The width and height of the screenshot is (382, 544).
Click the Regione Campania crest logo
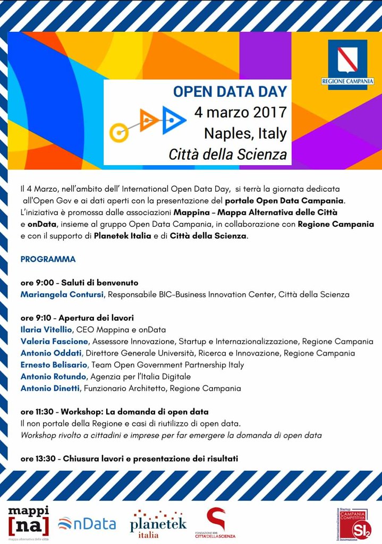point(347,64)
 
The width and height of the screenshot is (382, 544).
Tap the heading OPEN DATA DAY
point(230,91)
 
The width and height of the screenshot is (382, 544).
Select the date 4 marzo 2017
point(240,113)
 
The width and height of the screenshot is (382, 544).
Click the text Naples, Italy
point(245,133)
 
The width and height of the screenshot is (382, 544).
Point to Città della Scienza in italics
point(227,155)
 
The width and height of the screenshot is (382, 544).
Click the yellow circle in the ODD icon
point(119,132)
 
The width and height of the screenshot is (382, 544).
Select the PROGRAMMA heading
point(48,259)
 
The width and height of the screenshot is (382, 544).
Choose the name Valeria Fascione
point(54,341)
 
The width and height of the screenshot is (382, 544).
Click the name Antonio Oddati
point(51,353)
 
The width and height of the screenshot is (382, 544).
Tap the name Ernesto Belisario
point(55,365)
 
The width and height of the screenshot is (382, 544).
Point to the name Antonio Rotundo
point(53,377)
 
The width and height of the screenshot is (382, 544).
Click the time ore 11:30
point(38,412)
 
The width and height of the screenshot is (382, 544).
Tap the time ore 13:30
point(38,458)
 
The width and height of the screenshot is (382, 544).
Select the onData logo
point(87,523)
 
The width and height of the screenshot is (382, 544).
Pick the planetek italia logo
point(158,523)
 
